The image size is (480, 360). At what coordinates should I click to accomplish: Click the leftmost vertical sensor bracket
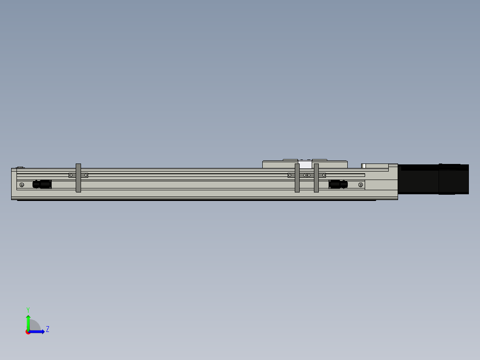click(x=78, y=178)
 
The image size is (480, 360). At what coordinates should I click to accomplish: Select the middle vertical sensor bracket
click(x=297, y=178)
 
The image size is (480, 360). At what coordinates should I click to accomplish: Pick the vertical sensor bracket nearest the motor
click(x=316, y=178)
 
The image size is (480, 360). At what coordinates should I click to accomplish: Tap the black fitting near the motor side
click(x=338, y=184)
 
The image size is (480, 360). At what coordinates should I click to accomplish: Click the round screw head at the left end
click(x=21, y=185)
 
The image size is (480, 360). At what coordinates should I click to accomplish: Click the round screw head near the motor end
click(x=360, y=185)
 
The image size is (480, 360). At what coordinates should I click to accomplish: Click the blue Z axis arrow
click(x=38, y=331)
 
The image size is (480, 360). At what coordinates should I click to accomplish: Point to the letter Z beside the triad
click(x=47, y=329)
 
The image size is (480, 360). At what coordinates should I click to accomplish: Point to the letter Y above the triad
click(x=28, y=309)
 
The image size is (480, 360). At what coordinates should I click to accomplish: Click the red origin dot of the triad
click(x=28, y=332)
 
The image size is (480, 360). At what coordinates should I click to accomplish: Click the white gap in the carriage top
click(x=305, y=165)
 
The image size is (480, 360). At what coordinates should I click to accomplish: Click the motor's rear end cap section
click(x=454, y=179)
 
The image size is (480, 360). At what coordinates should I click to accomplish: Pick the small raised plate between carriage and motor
click(x=376, y=166)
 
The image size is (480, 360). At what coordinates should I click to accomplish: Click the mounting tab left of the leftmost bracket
click(x=71, y=175)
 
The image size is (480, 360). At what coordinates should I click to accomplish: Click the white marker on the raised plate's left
click(x=364, y=166)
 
